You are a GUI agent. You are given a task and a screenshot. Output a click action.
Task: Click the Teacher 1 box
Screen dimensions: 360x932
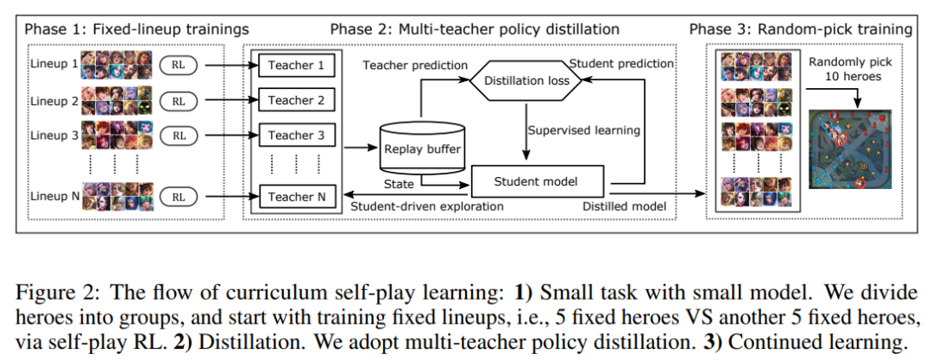pyautogui.click(x=296, y=66)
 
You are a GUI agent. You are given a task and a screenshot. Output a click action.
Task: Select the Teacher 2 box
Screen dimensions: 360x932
pyautogui.click(x=296, y=100)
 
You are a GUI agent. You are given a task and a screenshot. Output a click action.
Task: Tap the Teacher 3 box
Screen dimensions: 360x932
pyautogui.click(x=296, y=135)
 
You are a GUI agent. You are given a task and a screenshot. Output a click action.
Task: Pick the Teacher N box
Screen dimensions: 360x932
pyautogui.click(x=296, y=197)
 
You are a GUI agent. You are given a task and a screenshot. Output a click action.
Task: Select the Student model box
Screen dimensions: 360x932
pyautogui.click(x=535, y=181)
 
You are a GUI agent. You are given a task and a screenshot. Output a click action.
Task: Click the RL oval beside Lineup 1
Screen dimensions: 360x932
pyautogui.click(x=179, y=66)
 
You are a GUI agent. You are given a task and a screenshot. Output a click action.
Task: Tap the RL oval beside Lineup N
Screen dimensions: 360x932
pyautogui.click(x=179, y=197)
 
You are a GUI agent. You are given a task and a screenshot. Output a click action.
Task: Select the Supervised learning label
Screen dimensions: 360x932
pyautogui.click(x=585, y=130)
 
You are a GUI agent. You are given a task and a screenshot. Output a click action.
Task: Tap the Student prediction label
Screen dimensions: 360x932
pyautogui.click(x=621, y=64)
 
